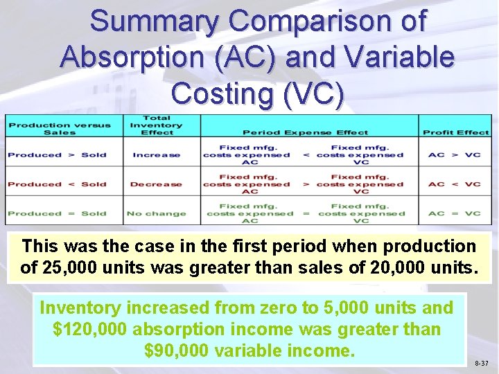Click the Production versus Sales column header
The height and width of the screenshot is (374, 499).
pos(59,129)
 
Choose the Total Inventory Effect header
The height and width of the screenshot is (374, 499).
pos(157,125)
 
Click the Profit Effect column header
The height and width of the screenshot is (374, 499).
pos(455,132)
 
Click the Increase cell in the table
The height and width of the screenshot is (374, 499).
pos(157,155)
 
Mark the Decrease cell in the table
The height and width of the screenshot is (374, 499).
pos(157,184)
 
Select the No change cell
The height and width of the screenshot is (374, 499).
pos(157,213)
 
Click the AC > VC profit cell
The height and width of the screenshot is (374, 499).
pos(455,155)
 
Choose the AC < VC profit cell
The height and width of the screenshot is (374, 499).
pos(455,184)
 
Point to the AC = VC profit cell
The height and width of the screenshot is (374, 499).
pos(455,213)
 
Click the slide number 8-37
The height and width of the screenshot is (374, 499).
pos(481,363)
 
